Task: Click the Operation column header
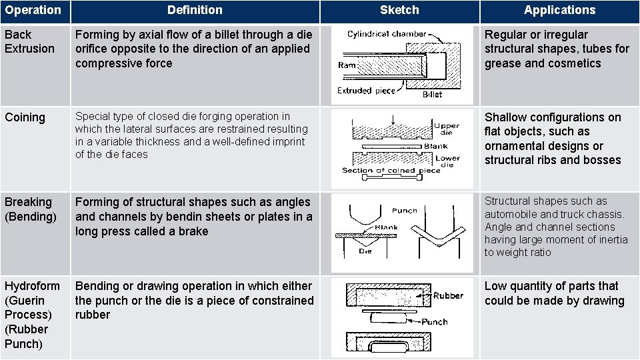33,10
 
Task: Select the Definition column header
195,10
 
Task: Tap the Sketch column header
399,10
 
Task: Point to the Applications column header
559,10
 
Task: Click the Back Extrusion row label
29,41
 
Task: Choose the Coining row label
25,117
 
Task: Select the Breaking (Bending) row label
30,209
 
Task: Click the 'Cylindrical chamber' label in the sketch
387,34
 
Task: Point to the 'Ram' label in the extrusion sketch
347,65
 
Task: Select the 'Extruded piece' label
366,91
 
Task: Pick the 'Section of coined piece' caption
391,171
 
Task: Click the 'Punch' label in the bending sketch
405,210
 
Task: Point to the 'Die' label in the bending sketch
365,251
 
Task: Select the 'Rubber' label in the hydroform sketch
448,295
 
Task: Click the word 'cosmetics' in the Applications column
574,63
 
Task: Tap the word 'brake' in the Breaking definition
193,231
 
